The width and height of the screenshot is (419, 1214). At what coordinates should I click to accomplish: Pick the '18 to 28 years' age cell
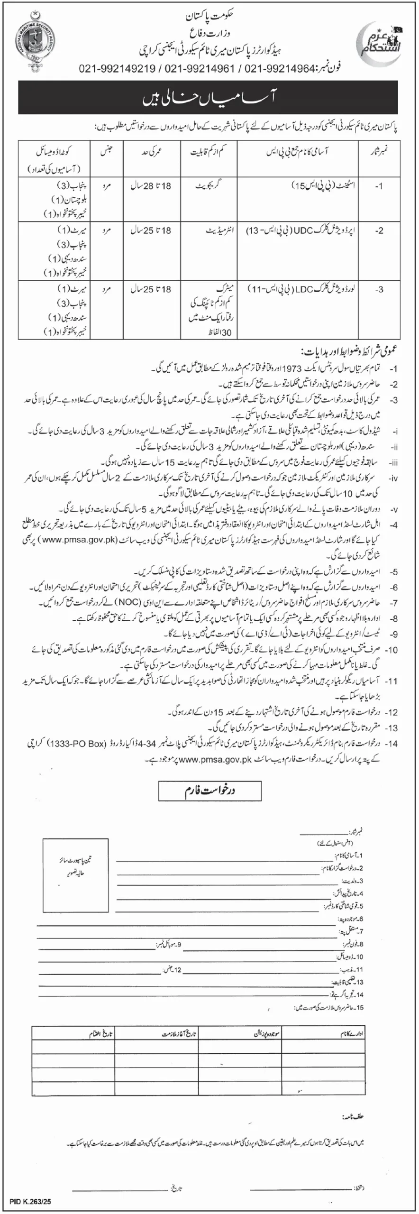(x=151, y=187)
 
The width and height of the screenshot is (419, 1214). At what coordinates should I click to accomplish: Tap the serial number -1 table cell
(x=378, y=187)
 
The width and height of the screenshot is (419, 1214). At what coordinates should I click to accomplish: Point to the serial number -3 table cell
(x=378, y=289)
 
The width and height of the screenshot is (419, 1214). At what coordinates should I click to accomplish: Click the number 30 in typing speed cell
(x=226, y=333)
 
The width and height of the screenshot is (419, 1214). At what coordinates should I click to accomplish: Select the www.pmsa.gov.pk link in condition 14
(x=215, y=759)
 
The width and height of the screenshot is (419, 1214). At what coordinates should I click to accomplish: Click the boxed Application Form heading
(x=210, y=791)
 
